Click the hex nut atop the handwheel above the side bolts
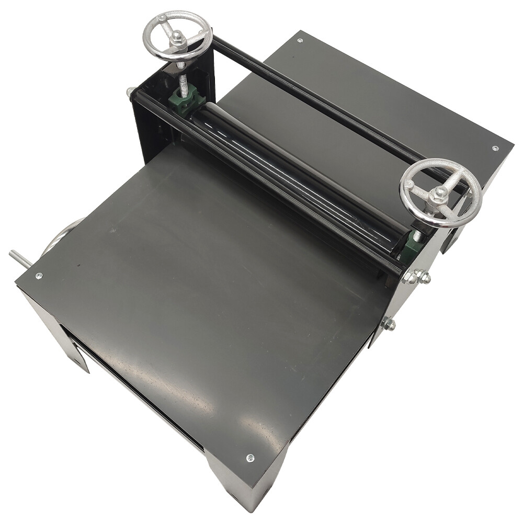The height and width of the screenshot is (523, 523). coord(441,191)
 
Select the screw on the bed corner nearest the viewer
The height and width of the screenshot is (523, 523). coord(250,458)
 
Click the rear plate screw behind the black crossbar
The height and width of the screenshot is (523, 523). coord(300,40)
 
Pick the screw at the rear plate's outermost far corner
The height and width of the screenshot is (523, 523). coord(495,148)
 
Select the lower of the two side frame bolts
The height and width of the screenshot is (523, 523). coord(388,325)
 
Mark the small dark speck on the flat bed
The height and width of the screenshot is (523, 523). coord(79,265)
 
